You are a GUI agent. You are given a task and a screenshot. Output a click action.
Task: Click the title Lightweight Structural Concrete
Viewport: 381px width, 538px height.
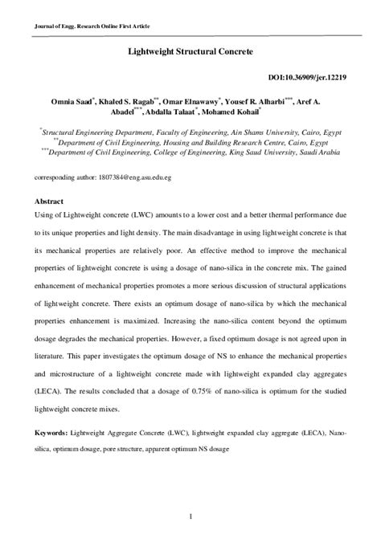190,50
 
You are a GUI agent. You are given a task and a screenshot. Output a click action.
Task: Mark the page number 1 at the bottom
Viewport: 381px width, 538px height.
190,514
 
